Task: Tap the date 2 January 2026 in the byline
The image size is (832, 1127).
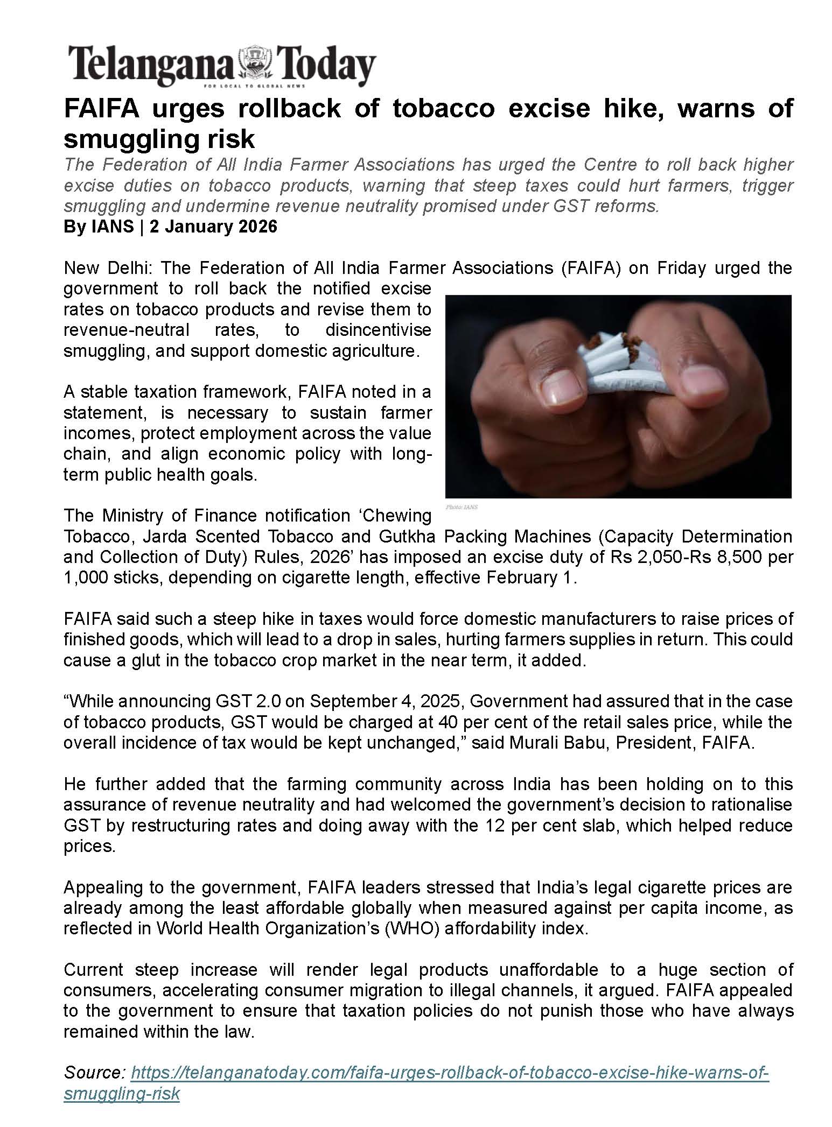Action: coord(213,227)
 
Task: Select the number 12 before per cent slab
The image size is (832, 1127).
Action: coord(495,826)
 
